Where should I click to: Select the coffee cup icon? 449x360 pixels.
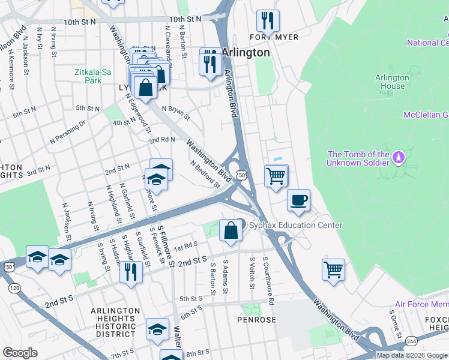[x=298, y=200]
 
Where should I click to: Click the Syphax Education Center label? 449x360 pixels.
[x=296, y=226]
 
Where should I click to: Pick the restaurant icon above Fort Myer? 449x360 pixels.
[x=268, y=21]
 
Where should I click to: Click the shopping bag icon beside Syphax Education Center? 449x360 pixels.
[x=231, y=230]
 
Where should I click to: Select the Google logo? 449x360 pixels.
[x=20, y=353]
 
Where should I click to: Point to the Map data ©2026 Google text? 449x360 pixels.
[x=412, y=355]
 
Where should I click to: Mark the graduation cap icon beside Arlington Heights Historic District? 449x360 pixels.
[x=157, y=329]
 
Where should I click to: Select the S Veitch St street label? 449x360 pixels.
[x=251, y=274]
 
